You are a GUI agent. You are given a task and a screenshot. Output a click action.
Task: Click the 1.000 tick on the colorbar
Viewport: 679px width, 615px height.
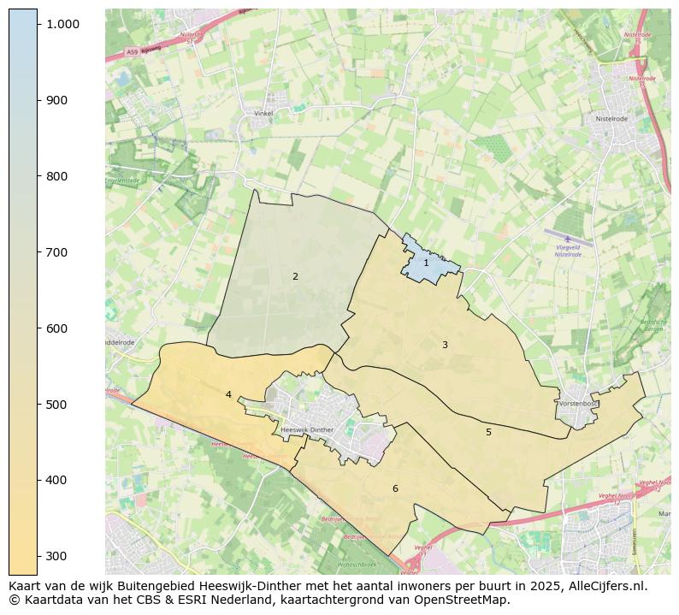pos(62,24)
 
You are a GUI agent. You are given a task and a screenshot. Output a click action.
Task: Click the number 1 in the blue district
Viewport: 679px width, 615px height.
pos(426,263)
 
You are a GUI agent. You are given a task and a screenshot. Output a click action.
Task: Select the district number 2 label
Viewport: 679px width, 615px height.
pos(295,276)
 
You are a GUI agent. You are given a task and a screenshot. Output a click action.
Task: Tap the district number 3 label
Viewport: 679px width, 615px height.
pos(445,345)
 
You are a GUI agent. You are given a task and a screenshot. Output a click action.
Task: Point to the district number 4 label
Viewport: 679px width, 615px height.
pos(228,394)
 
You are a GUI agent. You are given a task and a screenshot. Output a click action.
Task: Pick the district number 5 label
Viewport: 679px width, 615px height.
pos(488,432)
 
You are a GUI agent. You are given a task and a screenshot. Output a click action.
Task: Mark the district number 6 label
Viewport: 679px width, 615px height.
pos(395,488)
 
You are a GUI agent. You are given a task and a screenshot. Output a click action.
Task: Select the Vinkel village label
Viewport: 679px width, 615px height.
pos(264,113)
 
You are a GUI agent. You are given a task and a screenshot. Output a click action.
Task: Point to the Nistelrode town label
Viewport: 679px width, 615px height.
pos(612,119)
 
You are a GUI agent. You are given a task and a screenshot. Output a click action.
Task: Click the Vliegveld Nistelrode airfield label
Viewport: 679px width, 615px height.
pos(569,250)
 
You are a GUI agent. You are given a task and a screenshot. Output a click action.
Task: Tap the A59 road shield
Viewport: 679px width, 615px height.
pos(132,52)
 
